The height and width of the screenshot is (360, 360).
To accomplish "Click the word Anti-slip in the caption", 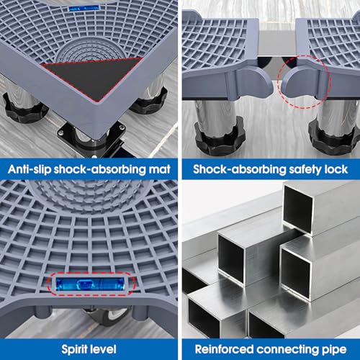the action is point(30,169).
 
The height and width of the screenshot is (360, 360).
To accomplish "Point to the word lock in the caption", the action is point(336,169).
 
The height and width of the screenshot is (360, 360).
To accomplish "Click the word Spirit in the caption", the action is point(73,350).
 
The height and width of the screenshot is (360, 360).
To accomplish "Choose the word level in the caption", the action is point(102,349).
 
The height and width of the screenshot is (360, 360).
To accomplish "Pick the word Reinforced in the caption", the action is point(224,349).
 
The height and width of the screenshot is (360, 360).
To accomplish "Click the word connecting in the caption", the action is point(288,350).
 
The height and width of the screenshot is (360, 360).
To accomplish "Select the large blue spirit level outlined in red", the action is point(90,284).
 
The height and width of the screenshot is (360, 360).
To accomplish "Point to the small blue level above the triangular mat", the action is point(84,8).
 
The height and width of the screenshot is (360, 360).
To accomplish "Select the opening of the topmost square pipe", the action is point(297,207).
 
